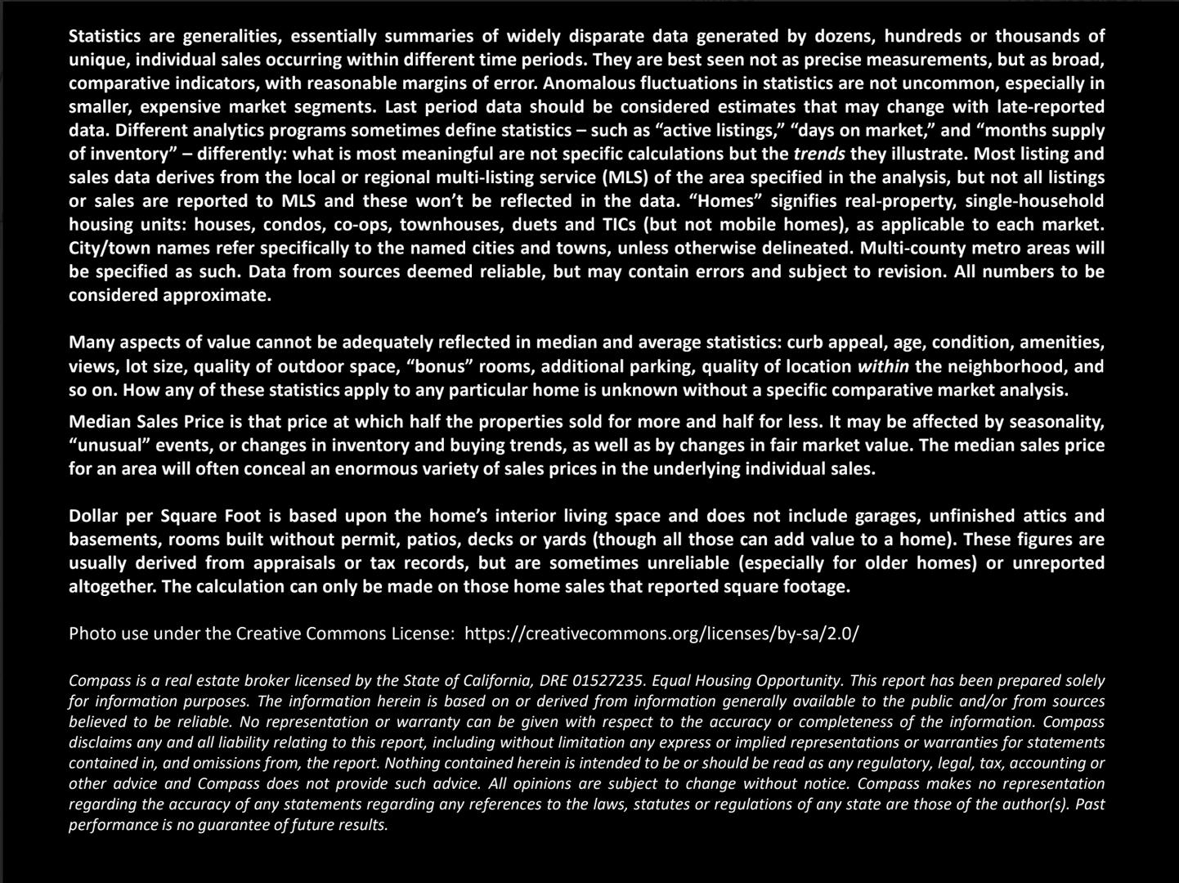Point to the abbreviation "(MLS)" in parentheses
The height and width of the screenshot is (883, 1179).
point(625,177)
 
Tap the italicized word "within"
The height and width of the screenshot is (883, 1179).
point(883,366)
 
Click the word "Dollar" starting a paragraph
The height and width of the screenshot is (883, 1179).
point(92,516)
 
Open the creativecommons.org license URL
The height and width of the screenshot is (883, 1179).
point(661,634)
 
